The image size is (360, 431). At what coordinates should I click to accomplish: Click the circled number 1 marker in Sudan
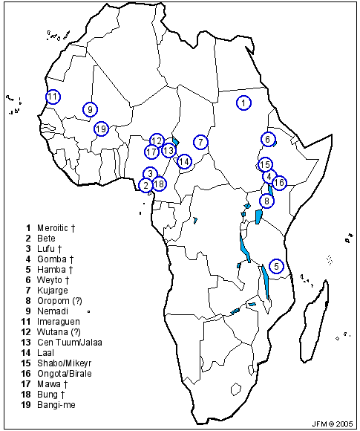243,103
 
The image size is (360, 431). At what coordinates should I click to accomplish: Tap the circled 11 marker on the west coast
53,97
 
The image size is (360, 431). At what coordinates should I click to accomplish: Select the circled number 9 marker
90,109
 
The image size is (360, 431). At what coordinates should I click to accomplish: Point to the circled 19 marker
101,129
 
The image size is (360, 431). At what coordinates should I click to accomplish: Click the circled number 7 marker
200,141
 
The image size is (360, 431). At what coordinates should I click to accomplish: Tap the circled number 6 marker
268,139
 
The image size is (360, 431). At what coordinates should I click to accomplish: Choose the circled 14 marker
184,161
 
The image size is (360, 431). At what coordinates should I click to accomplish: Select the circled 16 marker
279,182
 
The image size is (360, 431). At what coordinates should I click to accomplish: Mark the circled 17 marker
152,152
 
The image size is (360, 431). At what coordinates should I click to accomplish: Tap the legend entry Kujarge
52,290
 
